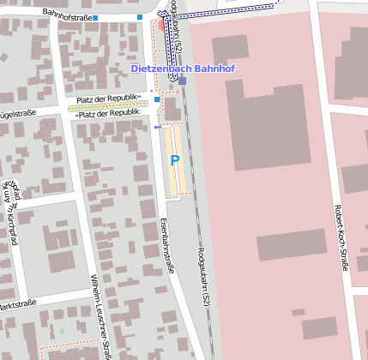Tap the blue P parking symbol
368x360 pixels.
click(x=175, y=160)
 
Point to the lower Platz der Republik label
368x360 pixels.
click(x=108, y=113)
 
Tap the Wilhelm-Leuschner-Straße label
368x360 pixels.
click(x=100, y=318)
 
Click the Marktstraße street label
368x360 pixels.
click(x=17, y=303)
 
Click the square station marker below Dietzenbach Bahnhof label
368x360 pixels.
click(x=182, y=81)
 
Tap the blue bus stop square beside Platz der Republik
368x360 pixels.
click(x=157, y=99)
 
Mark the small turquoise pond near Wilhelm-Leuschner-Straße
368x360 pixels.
click(x=61, y=330)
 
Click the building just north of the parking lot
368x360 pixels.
click(x=172, y=109)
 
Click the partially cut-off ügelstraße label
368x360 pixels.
click(x=19, y=113)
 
